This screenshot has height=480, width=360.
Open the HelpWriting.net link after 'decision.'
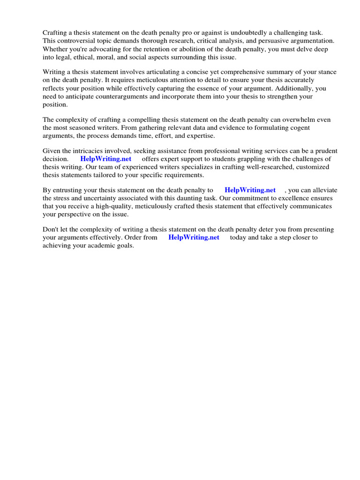click(106, 159)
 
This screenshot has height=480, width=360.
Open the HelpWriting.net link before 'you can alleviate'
click(250, 190)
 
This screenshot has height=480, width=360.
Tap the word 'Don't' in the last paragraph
click(50, 230)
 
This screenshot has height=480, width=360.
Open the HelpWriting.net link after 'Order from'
click(194, 238)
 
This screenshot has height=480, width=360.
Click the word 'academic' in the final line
click(97, 246)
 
